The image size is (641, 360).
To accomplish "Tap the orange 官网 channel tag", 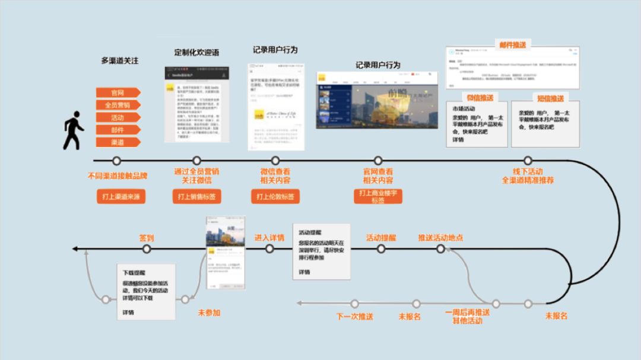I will [x=118, y=93].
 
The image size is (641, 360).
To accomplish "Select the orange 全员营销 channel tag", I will [x=118, y=105].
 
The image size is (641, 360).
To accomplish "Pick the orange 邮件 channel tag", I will [x=118, y=129].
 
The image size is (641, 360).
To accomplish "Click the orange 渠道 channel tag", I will [x=118, y=142].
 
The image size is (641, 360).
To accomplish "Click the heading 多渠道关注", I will [x=119, y=60].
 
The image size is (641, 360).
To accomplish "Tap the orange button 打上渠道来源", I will [x=121, y=196].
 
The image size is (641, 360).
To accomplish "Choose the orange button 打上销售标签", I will [x=197, y=196].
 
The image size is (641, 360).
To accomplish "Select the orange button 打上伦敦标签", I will [x=275, y=196].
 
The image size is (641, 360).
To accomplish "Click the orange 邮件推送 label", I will [x=513, y=44].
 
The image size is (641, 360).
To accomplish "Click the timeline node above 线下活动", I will [x=528, y=161].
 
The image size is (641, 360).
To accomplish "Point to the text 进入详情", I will [x=269, y=238].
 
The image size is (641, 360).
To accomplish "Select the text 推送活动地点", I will [x=440, y=238].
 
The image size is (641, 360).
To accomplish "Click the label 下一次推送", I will [x=354, y=317].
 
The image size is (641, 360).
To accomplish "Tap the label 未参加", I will [x=208, y=313].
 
